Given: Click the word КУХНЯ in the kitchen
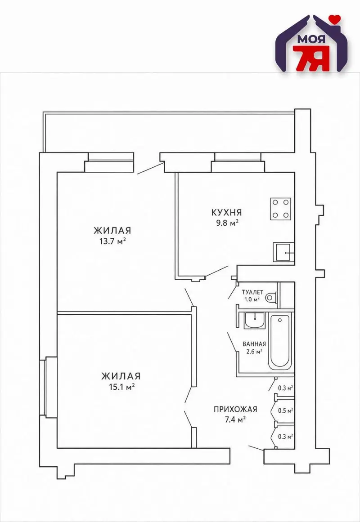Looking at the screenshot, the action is [227, 212].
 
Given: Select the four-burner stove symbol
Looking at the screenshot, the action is [280, 209].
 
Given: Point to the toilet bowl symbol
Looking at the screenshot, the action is [271, 297].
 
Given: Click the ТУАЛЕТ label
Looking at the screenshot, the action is [252, 292].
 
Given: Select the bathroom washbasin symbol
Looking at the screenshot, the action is [254, 320].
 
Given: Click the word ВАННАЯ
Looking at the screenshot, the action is [254, 344].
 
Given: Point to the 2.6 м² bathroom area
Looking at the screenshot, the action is [254, 351].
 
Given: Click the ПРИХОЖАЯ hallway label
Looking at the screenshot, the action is [235, 409].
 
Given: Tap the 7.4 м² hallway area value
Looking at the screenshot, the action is [235, 419].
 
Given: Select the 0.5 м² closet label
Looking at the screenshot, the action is [285, 410].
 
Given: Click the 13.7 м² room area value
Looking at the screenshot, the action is [112, 241].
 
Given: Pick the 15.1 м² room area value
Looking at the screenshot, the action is [121, 387].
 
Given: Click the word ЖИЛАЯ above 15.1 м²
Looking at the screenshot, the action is [121, 376].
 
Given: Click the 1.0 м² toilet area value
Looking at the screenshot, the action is [252, 299].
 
